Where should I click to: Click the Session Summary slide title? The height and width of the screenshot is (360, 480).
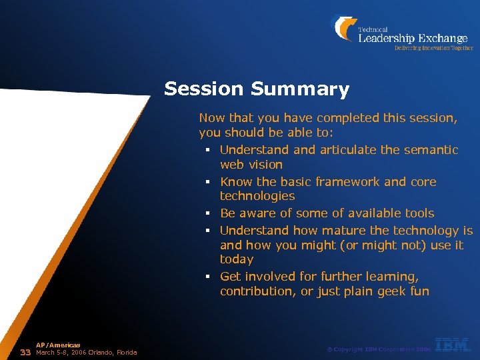coord(256,89)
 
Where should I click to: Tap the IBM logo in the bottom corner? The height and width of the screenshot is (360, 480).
coord(453,345)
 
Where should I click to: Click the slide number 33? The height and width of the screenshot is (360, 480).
coord(26,352)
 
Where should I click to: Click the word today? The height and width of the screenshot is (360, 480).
coord(237,259)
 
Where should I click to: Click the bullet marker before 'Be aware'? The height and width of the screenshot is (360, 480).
coord(208,214)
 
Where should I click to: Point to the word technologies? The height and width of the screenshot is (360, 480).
coord(257,196)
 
